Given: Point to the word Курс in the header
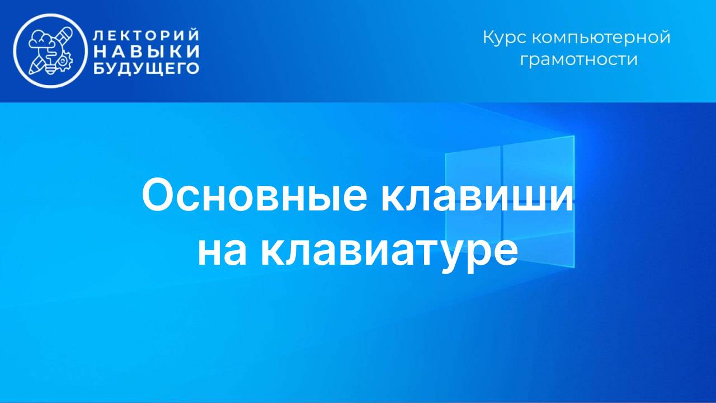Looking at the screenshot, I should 505,38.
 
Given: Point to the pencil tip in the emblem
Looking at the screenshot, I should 32,72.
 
